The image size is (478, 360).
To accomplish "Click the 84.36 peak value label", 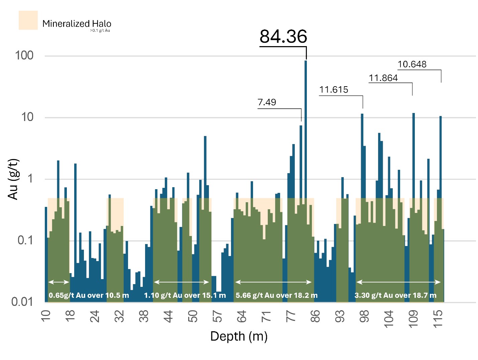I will point(283,36).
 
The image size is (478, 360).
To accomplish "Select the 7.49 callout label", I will point(267,102).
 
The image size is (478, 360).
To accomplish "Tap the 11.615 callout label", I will point(334,90).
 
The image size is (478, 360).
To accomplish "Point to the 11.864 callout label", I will point(383,78).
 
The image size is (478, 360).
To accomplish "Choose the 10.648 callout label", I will point(412,64).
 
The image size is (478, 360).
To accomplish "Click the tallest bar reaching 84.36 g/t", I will point(306,134).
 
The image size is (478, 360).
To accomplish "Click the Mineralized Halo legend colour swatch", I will point(28,20).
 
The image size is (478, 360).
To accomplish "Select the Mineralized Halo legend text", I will point(77,24).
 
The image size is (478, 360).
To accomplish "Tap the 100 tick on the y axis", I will point(24,55).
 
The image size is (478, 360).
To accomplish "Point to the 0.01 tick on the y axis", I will point(22,302).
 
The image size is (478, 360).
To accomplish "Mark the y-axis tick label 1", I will point(30,179).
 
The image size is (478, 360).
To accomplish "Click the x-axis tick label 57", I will point(217,316).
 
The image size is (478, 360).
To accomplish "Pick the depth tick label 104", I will point(388,319).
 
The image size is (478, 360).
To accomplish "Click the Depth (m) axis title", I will point(239,336).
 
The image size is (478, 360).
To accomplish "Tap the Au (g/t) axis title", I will point(13,179).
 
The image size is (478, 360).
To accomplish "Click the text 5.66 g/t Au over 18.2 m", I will point(276,295).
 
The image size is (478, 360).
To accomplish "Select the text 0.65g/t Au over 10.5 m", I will point(89,295).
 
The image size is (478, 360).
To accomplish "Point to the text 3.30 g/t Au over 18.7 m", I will point(395,295).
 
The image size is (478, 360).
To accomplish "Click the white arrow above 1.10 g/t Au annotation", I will point(181,282).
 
